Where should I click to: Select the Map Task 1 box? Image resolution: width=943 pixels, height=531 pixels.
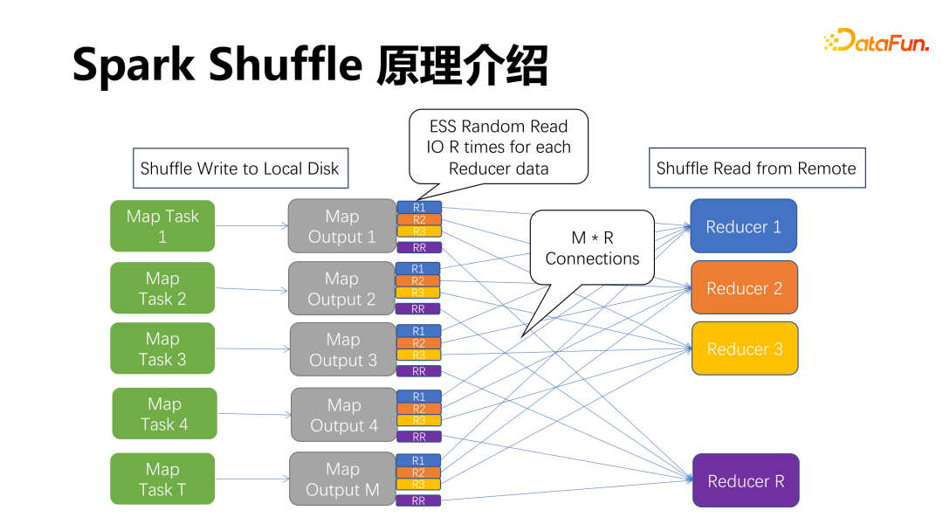pos(162,226)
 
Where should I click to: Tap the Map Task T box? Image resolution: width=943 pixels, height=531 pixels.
pos(162,479)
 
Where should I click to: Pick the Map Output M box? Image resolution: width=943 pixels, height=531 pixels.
pos(342,479)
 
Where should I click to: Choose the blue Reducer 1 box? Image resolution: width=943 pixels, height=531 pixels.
pos(743,226)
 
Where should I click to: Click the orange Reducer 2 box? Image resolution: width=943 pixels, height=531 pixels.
pos(744,287)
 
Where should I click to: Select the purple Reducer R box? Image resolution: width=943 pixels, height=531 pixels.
pos(746,480)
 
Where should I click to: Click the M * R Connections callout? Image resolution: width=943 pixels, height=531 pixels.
pos(592,248)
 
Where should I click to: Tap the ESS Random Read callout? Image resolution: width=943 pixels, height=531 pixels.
pos(499,147)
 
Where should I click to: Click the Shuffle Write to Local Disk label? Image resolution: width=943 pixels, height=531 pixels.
pos(240,169)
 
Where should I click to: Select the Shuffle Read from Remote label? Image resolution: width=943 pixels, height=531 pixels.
pos(756,168)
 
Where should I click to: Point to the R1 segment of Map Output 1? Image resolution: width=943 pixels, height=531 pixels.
pos(419,208)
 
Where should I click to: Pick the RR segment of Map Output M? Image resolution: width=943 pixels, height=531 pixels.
pos(418,501)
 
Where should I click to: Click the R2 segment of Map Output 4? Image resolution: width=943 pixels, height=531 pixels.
pos(418,409)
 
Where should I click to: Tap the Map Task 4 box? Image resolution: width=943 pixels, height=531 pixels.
pos(164,414)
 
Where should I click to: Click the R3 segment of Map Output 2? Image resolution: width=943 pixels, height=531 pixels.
pos(418,293)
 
